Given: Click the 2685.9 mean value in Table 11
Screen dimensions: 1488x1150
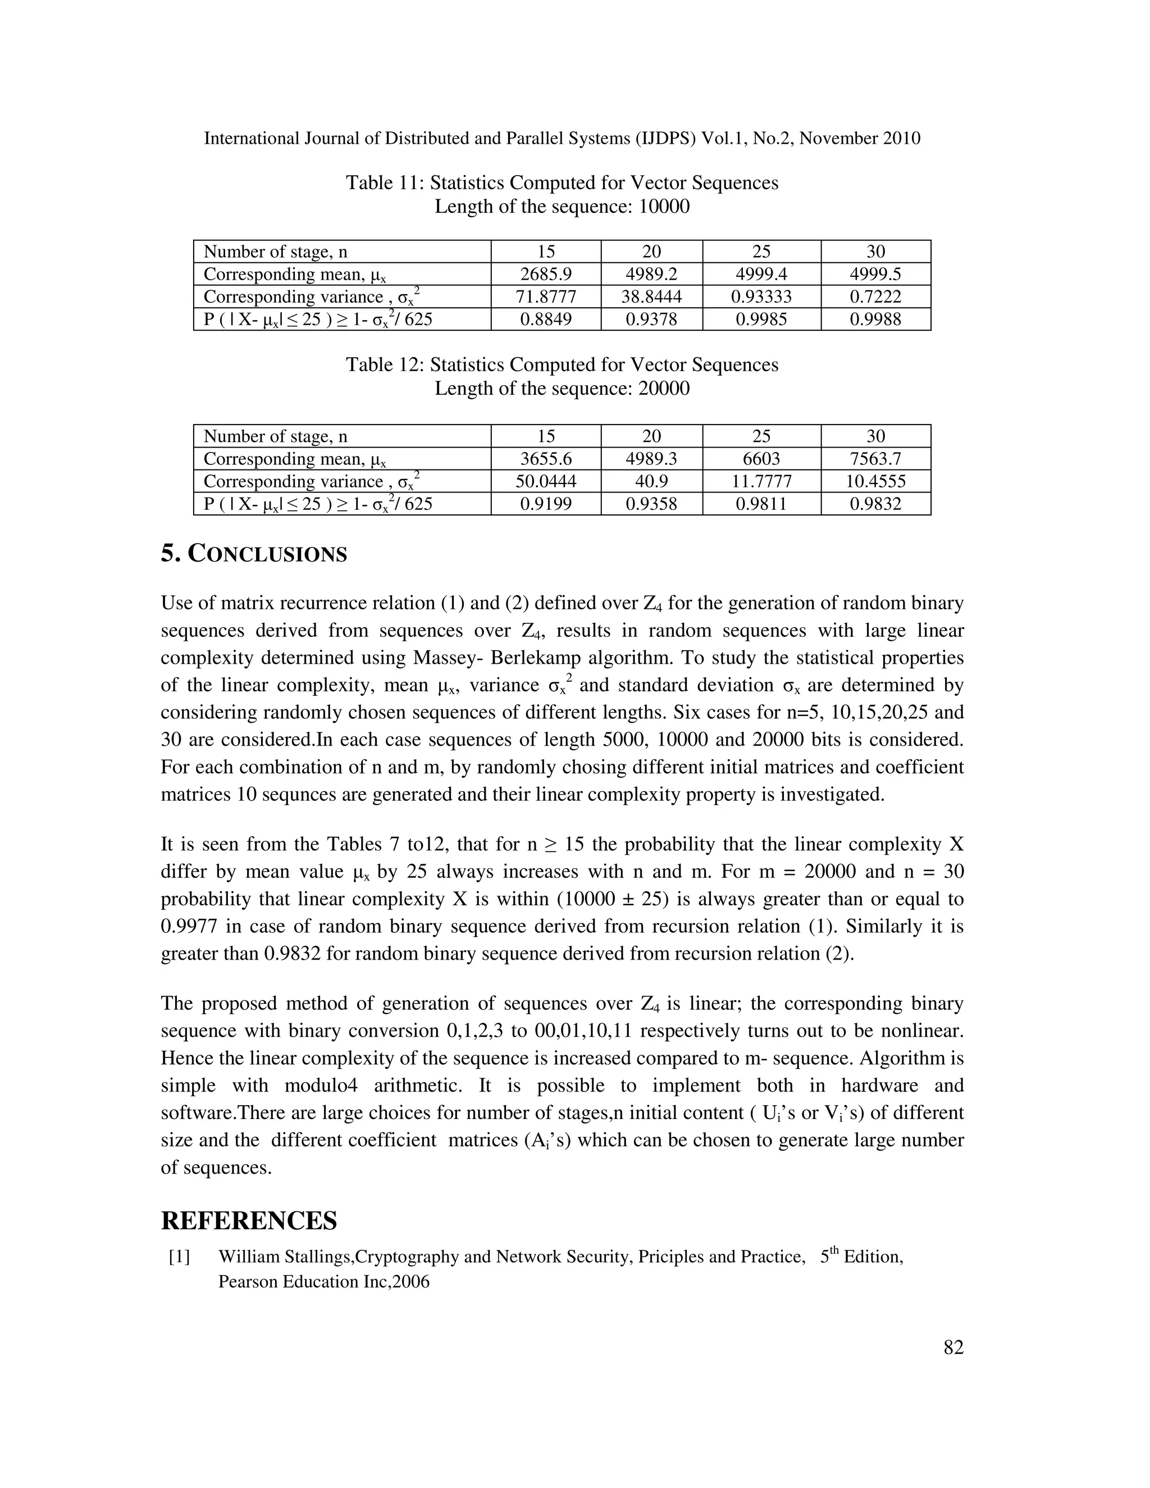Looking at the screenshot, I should tap(546, 274).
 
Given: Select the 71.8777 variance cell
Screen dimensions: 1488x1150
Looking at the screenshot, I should tap(546, 296).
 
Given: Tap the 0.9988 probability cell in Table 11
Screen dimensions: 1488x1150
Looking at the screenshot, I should tap(875, 319).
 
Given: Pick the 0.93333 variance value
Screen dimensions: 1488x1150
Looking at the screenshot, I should tap(761, 296).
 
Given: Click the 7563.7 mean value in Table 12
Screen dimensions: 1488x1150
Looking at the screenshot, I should tap(875, 459).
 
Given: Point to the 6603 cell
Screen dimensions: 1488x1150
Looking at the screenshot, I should tap(761, 459).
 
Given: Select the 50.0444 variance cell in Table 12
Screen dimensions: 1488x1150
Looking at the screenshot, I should tap(546, 481).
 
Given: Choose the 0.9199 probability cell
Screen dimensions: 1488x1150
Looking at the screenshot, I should tap(546, 504).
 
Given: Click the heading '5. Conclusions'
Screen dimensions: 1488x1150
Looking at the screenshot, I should tap(253, 553).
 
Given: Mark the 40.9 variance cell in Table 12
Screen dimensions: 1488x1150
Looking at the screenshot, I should tap(651, 481).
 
